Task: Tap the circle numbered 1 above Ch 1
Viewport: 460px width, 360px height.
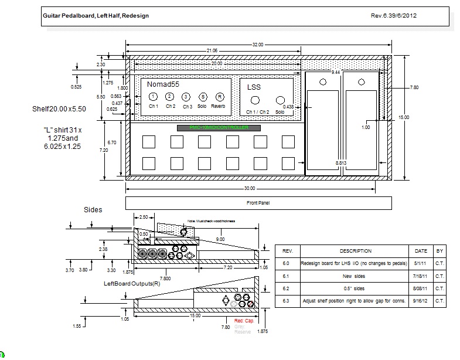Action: (152, 97)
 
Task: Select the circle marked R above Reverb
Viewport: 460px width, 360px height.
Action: (219, 97)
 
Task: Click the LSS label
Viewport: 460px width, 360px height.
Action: (254, 87)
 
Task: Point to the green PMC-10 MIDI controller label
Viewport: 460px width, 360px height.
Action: (219, 127)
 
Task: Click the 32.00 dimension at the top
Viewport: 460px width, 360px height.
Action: (258, 45)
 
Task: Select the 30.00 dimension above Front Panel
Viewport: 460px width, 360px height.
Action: (250, 188)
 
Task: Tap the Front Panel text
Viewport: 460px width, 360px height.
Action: (258, 203)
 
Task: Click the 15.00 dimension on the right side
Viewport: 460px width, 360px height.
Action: (404, 117)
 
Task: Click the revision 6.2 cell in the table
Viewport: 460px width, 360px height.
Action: (287, 288)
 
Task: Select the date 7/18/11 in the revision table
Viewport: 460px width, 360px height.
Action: (421, 276)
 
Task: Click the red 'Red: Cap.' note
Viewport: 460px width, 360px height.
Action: (244, 322)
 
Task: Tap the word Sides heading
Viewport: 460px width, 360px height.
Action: (93, 209)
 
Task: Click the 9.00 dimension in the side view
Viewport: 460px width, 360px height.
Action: (220, 239)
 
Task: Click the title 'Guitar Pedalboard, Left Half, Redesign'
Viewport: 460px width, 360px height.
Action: (96, 15)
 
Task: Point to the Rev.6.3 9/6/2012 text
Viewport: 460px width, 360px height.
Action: (394, 15)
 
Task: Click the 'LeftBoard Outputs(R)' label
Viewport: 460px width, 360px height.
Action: (132, 284)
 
